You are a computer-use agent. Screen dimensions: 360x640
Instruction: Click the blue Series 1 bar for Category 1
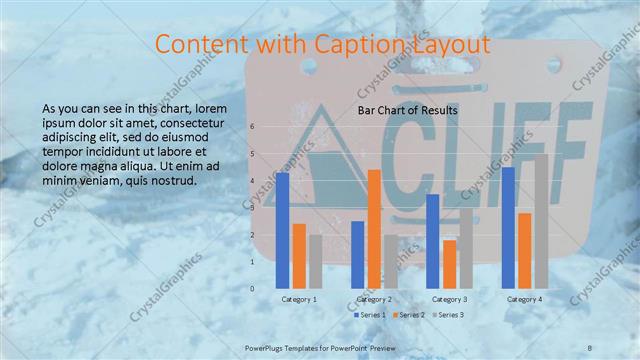click(x=283, y=230)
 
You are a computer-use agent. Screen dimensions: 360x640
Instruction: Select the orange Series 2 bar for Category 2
click(x=374, y=229)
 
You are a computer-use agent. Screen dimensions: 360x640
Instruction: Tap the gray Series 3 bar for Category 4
click(x=541, y=221)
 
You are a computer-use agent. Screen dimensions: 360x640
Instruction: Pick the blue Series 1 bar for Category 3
click(x=433, y=241)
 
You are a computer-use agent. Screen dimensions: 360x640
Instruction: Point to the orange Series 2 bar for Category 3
click(x=449, y=264)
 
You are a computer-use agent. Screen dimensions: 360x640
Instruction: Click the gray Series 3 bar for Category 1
click(x=315, y=261)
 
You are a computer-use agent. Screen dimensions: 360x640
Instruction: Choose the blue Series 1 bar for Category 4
click(x=508, y=227)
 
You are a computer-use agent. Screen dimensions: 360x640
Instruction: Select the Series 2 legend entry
click(x=409, y=315)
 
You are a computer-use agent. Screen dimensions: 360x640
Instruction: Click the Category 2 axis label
click(x=373, y=299)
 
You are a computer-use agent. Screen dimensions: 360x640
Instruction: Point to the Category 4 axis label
click(x=524, y=299)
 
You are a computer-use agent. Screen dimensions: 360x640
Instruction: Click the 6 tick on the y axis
click(x=252, y=127)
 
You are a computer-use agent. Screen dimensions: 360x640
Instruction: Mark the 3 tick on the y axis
click(x=252, y=208)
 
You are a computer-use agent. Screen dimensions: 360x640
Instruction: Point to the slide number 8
click(x=590, y=346)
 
